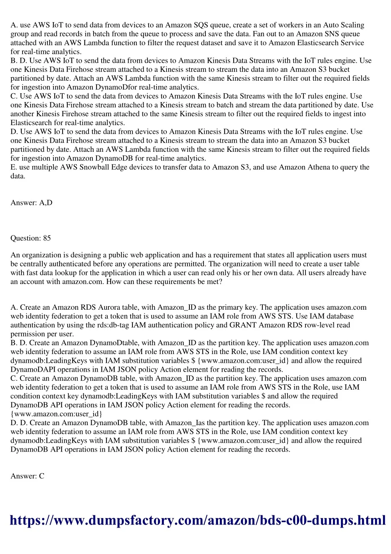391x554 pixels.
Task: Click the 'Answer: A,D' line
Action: point(31,203)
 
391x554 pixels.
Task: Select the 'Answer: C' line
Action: point(27,476)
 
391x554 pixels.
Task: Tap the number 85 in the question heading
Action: point(47,238)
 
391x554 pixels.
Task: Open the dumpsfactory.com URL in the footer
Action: point(197,520)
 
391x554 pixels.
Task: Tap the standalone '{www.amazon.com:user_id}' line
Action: point(56,414)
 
